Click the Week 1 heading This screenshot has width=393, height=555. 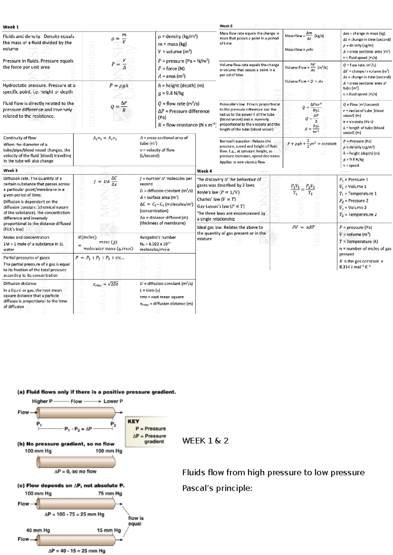pyautogui.click(x=11, y=27)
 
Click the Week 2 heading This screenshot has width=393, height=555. pyautogui.click(x=226, y=26)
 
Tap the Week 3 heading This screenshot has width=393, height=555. pyautogui.click(x=10, y=170)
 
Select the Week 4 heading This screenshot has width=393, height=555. pyautogui.click(x=204, y=171)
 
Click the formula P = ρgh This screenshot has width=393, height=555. pyautogui.click(x=119, y=86)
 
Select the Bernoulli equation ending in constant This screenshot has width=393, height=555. pyautogui.click(x=311, y=143)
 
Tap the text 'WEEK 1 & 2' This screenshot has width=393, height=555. pyautogui.click(x=205, y=441)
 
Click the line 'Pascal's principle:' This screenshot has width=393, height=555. pyautogui.click(x=217, y=488)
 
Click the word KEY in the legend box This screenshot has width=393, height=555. pyautogui.click(x=133, y=421)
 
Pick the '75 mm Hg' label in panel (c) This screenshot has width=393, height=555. pyautogui.click(x=110, y=493)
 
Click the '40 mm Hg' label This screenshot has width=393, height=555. pyautogui.click(x=38, y=530)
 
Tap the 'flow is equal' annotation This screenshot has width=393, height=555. pyautogui.click(x=136, y=521)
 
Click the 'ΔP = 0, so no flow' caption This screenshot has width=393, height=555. pyautogui.click(x=75, y=472)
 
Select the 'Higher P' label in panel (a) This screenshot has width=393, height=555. pyautogui.click(x=42, y=401)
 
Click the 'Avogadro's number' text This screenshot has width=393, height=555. pyautogui.click(x=158, y=237)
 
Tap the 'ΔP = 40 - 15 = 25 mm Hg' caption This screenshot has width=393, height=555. pyautogui.click(x=77, y=551)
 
